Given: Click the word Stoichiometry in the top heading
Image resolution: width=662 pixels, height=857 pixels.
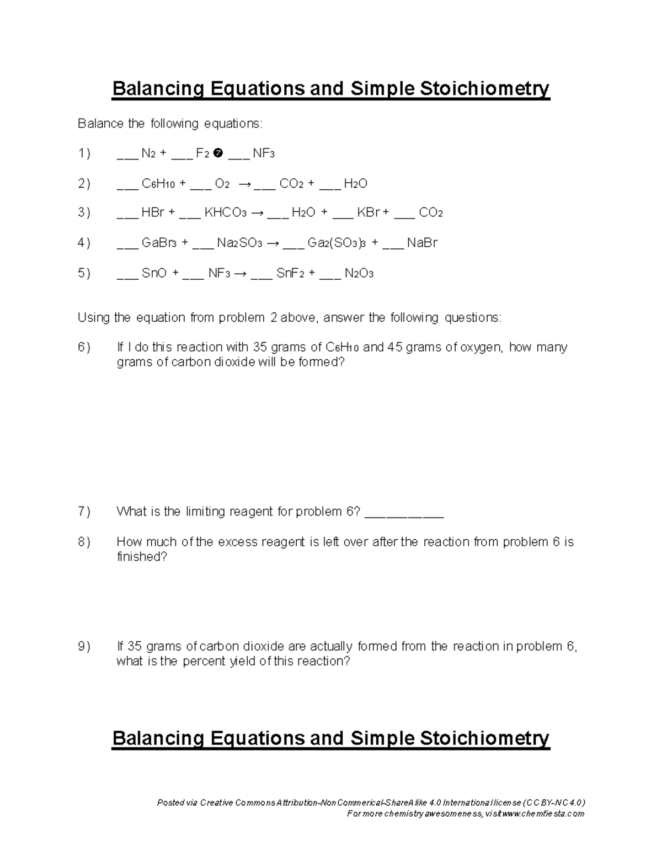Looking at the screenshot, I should click(485, 88).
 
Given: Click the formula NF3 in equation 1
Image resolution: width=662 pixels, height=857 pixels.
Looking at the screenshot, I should click(263, 153).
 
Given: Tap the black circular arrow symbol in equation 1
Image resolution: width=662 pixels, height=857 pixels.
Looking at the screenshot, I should click(217, 153).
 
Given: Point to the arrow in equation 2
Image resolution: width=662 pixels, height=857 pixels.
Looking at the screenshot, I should click(244, 184).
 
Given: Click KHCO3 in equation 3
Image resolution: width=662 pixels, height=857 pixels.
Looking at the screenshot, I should click(225, 213).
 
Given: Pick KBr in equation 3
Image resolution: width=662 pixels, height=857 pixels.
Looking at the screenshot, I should click(368, 213).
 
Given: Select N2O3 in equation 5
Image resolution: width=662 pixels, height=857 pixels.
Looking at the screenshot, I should click(359, 274).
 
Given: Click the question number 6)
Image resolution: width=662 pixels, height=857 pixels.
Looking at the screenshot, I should click(84, 347).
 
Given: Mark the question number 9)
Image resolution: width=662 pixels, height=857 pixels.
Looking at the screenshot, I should click(84, 646).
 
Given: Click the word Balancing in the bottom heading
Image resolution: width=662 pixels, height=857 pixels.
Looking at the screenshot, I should click(158, 738).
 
